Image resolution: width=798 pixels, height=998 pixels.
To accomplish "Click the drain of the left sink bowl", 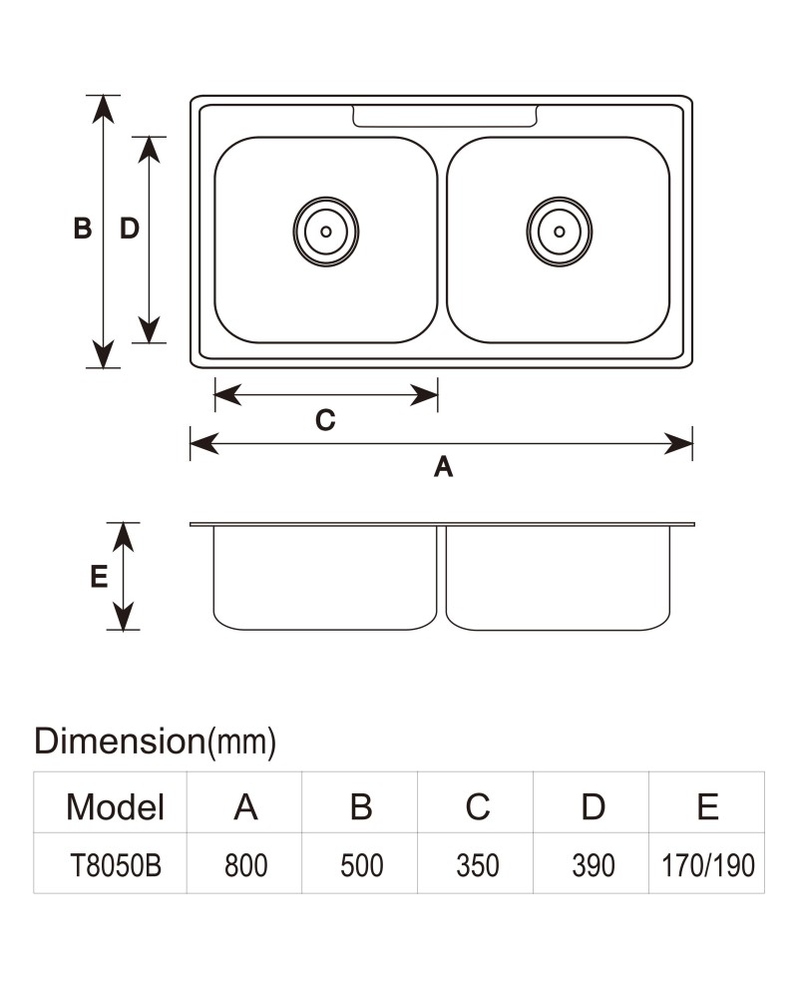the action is [326, 232].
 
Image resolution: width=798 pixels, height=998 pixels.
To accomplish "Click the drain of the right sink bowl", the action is [560, 232].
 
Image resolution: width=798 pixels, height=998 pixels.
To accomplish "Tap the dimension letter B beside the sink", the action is [83, 228].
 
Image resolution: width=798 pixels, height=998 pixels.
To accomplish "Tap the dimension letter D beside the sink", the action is [130, 228].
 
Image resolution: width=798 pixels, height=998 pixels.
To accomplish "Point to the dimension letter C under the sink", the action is [325, 420].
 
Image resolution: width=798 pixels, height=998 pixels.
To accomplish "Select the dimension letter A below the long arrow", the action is [444, 466].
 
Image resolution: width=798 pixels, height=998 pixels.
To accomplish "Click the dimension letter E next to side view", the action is [99, 577].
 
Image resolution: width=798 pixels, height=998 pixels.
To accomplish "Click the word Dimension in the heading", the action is [120, 741].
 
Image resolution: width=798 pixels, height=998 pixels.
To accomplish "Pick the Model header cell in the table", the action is [115, 807].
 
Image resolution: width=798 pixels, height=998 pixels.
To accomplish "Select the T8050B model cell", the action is [115, 865].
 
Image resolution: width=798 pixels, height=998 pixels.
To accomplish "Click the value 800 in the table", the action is [245, 865].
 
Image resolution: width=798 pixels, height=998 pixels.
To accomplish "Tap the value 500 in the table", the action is [361, 865].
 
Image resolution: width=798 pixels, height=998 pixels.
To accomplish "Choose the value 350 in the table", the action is [477, 865].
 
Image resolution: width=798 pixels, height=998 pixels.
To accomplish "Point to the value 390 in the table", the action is [594, 865].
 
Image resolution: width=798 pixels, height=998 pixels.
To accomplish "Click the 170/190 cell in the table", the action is [707, 865].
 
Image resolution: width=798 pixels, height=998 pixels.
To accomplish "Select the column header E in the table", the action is [707, 807].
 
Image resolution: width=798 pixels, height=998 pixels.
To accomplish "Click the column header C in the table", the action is [477, 807].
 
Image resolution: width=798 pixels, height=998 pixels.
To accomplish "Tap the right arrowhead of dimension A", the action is [678, 444].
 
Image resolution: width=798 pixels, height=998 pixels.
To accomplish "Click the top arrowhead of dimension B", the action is [103, 110].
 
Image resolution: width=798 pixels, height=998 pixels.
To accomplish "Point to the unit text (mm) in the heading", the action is [241, 743].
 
